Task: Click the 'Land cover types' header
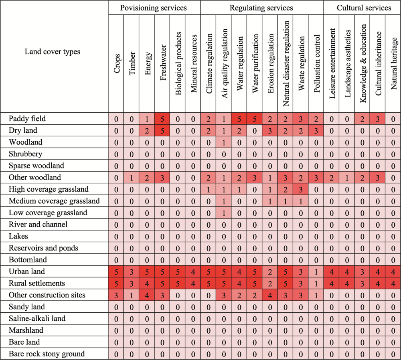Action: (x=53, y=52)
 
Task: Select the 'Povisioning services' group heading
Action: (x=154, y=8)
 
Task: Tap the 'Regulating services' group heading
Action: (x=261, y=8)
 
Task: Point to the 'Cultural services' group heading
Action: (x=364, y=8)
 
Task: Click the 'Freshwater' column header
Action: (x=163, y=63)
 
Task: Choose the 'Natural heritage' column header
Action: (x=394, y=63)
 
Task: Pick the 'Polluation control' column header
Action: (x=317, y=63)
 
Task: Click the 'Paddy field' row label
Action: (x=27, y=119)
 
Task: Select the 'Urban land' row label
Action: (x=26, y=271)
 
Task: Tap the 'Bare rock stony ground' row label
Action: (x=47, y=354)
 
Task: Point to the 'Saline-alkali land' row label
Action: (x=37, y=319)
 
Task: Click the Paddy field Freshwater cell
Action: (x=162, y=119)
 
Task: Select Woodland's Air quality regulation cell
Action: (x=224, y=142)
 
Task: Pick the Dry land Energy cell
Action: (x=147, y=130)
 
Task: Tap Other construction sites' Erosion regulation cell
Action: (x=270, y=295)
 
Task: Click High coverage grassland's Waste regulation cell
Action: (x=301, y=189)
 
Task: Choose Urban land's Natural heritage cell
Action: (x=393, y=271)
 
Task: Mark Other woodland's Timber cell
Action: (x=132, y=178)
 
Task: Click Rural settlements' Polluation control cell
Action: (x=316, y=283)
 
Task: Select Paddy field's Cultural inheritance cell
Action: (x=377, y=119)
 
